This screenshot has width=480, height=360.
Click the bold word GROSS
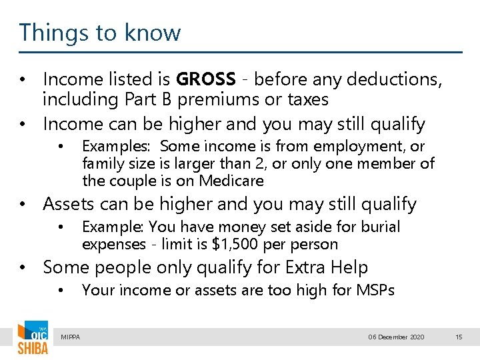pyautogui.click(x=205, y=79)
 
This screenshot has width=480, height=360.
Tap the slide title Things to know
pyautogui.click(x=100, y=33)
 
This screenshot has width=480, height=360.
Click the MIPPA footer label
pyautogui.click(x=70, y=337)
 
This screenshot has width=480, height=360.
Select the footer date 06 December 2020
pyautogui.click(x=396, y=337)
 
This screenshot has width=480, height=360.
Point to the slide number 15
pyautogui.click(x=458, y=337)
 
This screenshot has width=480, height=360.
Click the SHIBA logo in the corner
pyautogui.click(x=33, y=338)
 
